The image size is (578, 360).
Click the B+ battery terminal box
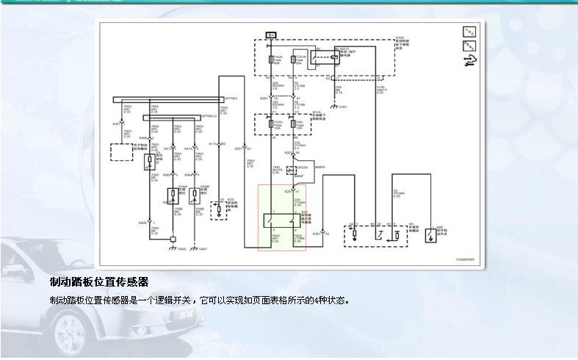click(271, 35)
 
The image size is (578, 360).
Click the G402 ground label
click(181, 249)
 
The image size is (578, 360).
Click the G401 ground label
click(203, 249)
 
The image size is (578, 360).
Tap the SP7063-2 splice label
click(210, 115)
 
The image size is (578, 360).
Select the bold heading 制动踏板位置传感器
click(99, 281)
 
